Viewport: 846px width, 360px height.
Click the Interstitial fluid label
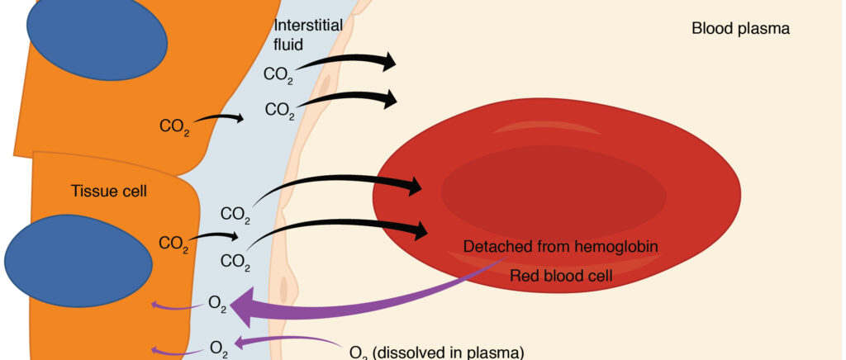click(308, 35)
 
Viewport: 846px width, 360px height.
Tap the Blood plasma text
click(740, 29)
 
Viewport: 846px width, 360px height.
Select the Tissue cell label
click(108, 191)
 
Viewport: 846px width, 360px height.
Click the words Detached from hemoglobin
click(561, 247)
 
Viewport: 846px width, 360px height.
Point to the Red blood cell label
click(561, 276)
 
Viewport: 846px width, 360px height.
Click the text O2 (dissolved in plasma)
click(437, 353)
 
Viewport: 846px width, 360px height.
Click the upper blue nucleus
click(97, 40)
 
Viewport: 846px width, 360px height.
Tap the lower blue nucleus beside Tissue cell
click(78, 261)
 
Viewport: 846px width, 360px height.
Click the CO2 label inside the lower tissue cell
click(173, 244)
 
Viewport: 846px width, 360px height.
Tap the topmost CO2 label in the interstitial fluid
click(278, 75)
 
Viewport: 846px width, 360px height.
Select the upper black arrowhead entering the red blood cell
click(413, 187)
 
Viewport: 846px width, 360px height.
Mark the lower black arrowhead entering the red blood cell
click(418, 230)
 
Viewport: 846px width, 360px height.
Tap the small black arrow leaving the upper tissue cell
click(218, 118)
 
